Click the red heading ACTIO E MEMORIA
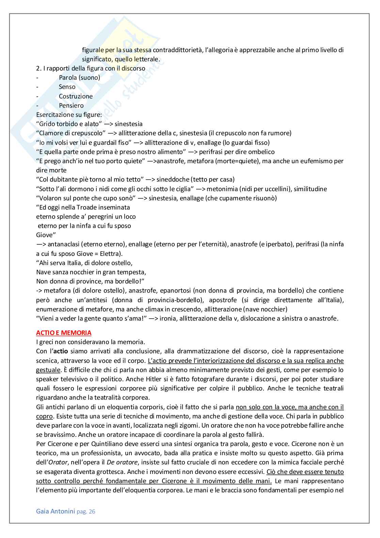click(64, 333)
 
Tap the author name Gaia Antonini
click(56, 511)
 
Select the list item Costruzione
click(76, 96)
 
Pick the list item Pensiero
click(71, 106)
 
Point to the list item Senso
click(67, 87)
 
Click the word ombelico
click(261, 152)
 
